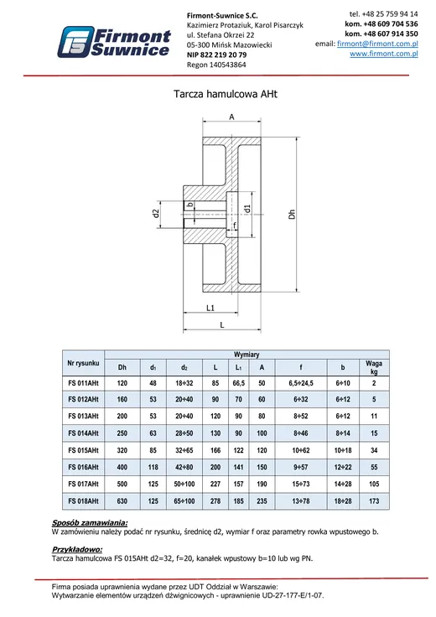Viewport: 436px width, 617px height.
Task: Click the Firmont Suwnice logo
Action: pos(114,42)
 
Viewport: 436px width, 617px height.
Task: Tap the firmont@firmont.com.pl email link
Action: pos(377,44)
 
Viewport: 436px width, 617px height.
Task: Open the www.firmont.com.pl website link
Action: pos(384,54)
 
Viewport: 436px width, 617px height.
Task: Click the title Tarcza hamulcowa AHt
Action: pos(226,94)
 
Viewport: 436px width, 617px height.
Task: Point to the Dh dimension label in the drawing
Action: pos(292,215)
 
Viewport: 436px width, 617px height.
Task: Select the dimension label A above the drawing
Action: pos(231,117)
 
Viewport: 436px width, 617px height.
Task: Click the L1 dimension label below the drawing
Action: pos(210,308)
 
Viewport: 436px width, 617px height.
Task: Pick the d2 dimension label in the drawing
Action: pos(156,214)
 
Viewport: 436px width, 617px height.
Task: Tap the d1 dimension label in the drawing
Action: pos(247,209)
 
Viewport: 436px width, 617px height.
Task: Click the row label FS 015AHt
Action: pos(83,450)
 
